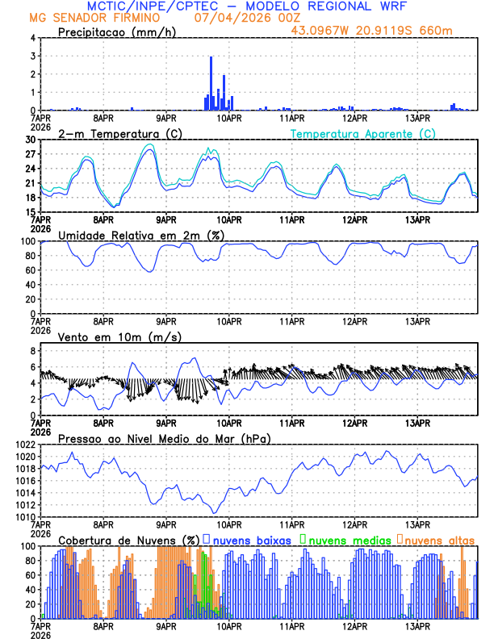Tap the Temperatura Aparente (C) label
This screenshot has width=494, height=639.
[x=363, y=134]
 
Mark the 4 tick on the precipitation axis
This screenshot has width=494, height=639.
[x=33, y=38]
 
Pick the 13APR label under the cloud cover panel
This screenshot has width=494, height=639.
[x=417, y=626]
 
